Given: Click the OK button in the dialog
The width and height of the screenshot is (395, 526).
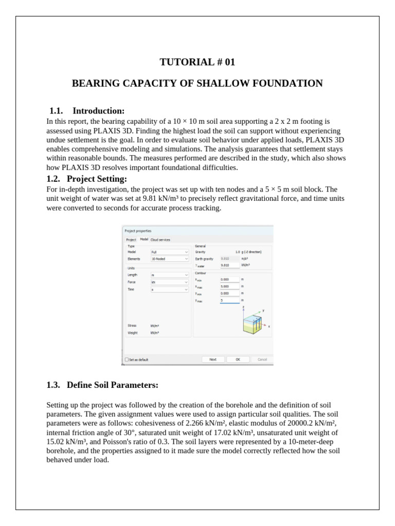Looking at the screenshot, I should point(238,360).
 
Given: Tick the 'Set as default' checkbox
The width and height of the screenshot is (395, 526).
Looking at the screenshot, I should point(127,360).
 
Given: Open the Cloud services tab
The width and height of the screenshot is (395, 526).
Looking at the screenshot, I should point(160,239).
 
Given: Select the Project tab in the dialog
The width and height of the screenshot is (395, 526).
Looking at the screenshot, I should point(131,239).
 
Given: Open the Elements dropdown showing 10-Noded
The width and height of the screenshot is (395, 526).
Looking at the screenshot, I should point(170,259).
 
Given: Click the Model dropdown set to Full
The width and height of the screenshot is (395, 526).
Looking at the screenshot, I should point(170,252).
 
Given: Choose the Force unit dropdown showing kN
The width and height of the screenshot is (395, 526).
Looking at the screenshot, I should point(170,282).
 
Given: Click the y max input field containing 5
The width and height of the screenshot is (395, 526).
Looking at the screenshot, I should point(229,300).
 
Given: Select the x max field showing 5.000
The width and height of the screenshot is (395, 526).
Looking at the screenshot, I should point(229,286).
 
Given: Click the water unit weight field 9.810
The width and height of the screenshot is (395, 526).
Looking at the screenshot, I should point(229,265).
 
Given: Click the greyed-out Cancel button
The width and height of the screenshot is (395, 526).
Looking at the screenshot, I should point(262,360).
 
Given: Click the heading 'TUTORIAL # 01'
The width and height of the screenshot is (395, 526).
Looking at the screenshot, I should point(197,62).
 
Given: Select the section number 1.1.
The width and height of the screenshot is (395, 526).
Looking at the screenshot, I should point(56,111).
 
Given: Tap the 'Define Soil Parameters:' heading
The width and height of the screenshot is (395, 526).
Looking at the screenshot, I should point(112,385).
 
